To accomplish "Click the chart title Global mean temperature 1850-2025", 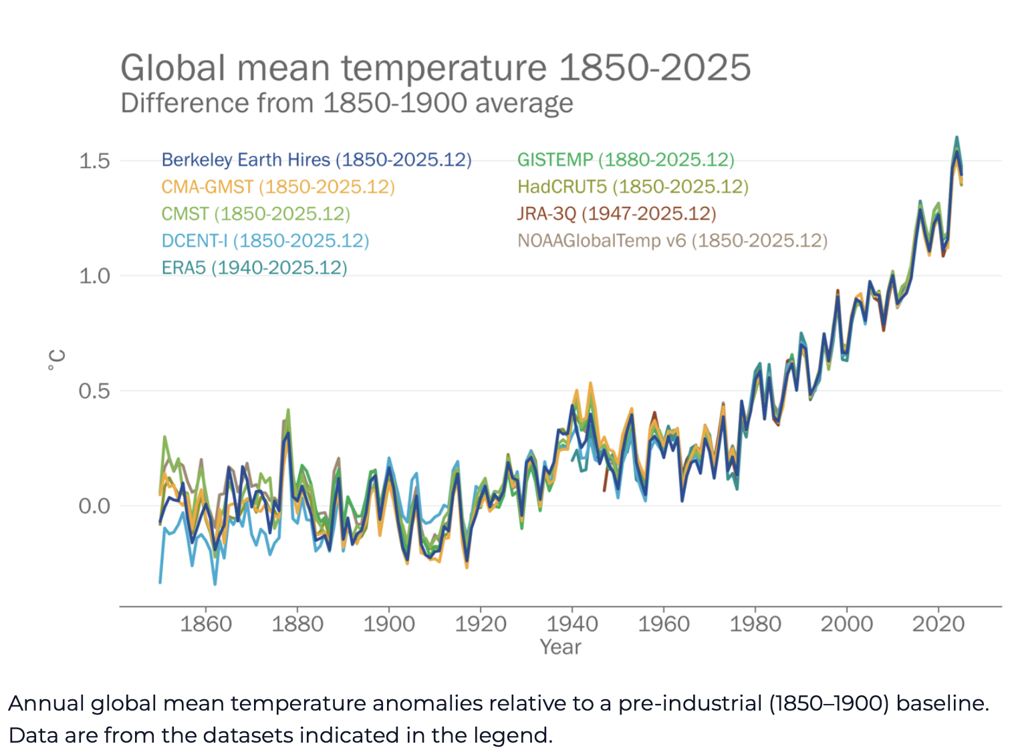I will tap(435, 68).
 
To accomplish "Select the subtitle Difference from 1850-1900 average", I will tap(346, 104).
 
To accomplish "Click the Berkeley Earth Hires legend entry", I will tap(316, 160).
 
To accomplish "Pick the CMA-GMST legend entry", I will tap(278, 187).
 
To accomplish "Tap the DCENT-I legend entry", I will tap(265, 240).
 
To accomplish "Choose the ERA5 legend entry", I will tap(254, 268).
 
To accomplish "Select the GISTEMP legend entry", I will tap(626, 160).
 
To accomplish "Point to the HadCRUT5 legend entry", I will tap(632, 187).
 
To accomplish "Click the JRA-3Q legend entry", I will tap(616, 214).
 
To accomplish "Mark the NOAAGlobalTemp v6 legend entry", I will tap(672, 240).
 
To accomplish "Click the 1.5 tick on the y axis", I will tap(94, 161).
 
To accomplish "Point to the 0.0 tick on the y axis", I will tap(94, 506).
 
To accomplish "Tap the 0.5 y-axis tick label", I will tap(94, 391).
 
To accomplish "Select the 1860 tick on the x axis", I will tap(205, 624).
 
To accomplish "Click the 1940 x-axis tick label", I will tap(572, 624).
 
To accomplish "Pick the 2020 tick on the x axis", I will tap(938, 624).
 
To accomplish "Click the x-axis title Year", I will tap(560, 647).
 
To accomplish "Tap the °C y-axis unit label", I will tap(57, 359).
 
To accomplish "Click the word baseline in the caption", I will tap(941, 703).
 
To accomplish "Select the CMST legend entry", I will tap(256, 214).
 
